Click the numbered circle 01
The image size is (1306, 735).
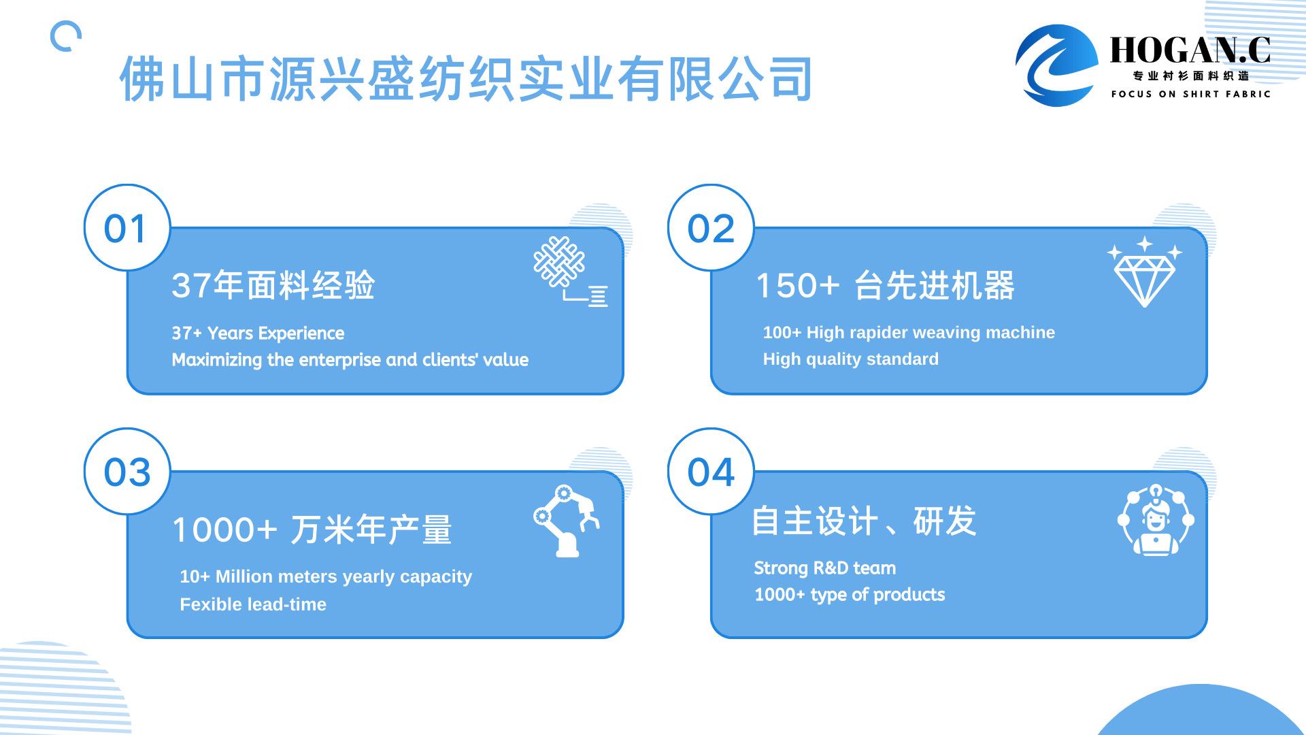pyautogui.click(x=127, y=227)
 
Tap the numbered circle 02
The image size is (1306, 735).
pyautogui.click(x=711, y=227)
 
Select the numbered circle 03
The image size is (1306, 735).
pyautogui.click(x=127, y=471)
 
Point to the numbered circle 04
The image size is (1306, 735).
pyautogui.click(x=711, y=471)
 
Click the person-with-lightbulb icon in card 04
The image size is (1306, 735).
pyautogui.click(x=1155, y=520)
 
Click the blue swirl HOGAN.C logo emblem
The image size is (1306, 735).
pyautogui.click(x=1056, y=65)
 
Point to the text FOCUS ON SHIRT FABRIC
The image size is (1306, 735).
pyautogui.click(x=1190, y=94)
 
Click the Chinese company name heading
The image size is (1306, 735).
pyautogui.click(x=467, y=79)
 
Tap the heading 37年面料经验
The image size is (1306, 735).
pyautogui.click(x=273, y=285)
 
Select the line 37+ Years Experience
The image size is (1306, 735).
pyautogui.click(x=258, y=333)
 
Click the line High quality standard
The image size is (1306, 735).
pyautogui.click(x=850, y=359)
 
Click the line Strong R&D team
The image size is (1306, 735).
pyautogui.click(x=824, y=568)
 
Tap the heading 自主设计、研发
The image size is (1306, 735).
pyautogui.click(x=864, y=521)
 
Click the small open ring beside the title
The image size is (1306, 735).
pyautogui.click(x=66, y=36)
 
